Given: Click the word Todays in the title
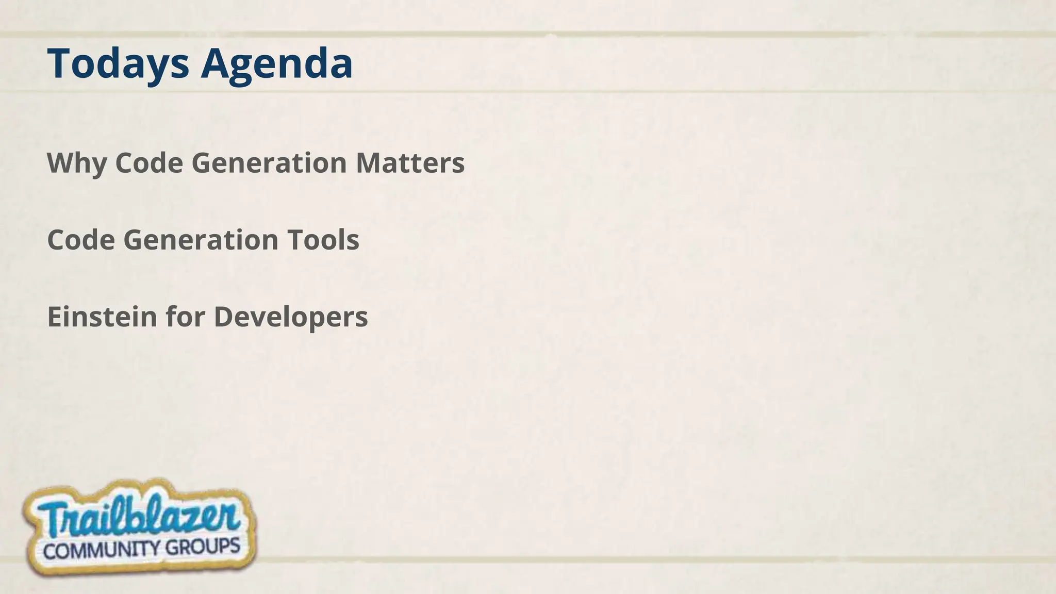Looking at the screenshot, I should (118, 64).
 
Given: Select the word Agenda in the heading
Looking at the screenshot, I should (276, 64).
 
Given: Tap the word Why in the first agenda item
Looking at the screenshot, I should (77, 163).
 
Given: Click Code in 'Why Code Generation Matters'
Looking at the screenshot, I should (149, 163).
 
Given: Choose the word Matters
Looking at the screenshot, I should (410, 163).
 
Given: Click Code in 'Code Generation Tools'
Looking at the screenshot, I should (81, 240).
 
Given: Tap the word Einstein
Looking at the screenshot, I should (102, 317).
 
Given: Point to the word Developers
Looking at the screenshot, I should (291, 317).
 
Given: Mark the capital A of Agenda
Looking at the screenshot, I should (216, 64).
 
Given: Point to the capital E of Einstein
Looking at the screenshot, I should (54, 317).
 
